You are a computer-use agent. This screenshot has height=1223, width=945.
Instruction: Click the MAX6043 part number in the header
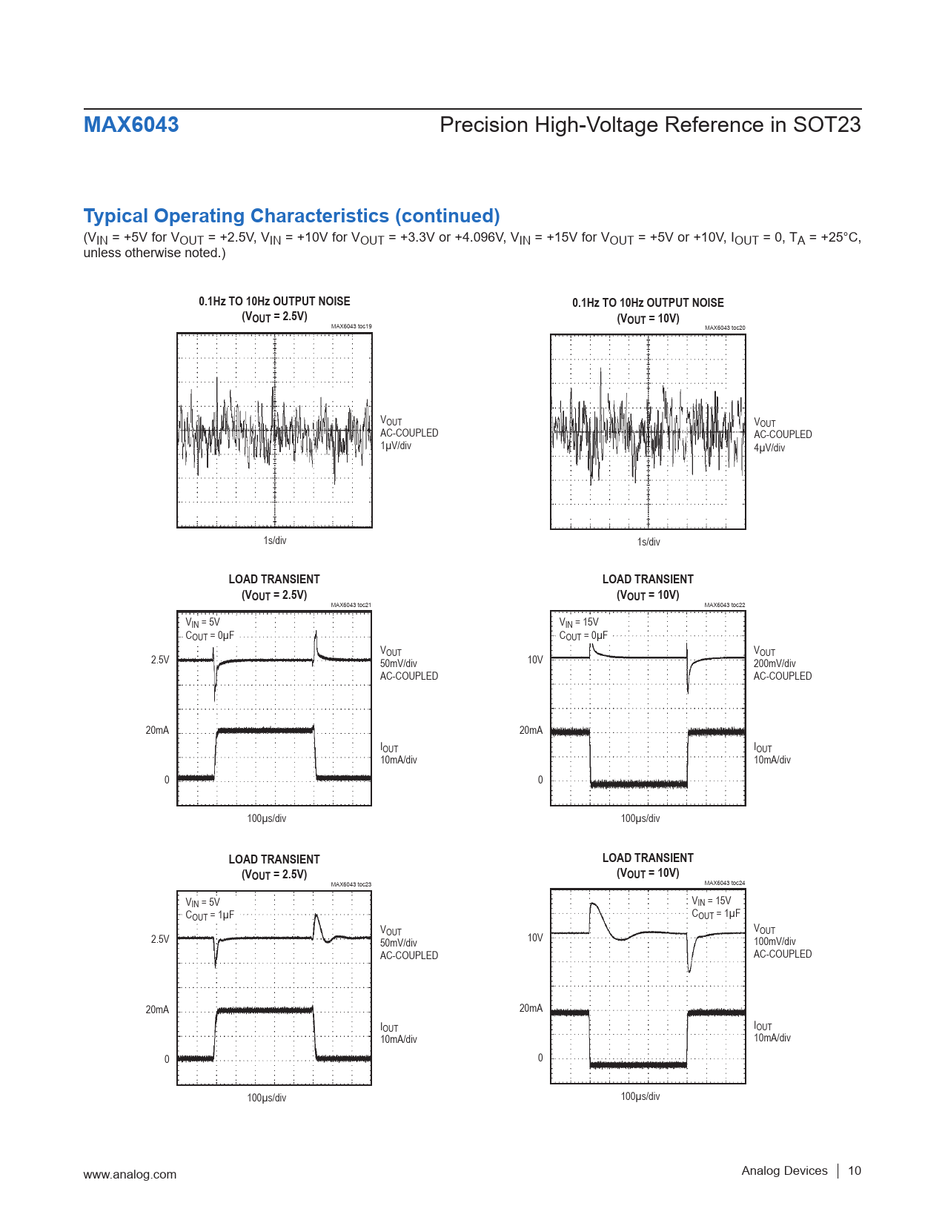pyautogui.click(x=131, y=125)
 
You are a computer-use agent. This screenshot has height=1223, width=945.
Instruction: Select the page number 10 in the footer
pyautogui.click(x=855, y=1170)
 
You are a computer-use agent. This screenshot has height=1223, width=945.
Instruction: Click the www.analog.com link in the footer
pyautogui.click(x=130, y=1174)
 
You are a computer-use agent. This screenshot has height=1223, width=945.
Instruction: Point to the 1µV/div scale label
pyautogui.click(x=396, y=445)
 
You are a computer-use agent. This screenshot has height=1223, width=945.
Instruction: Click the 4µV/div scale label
pyautogui.click(x=769, y=448)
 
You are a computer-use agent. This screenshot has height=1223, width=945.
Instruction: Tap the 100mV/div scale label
pyautogui.click(x=775, y=941)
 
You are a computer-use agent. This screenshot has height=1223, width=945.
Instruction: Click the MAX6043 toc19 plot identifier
pyautogui.click(x=351, y=326)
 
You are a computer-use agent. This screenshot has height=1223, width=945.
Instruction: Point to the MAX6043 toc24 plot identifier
pyautogui.click(x=725, y=883)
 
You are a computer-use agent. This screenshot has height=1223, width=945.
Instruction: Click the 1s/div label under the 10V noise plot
pyautogui.click(x=649, y=542)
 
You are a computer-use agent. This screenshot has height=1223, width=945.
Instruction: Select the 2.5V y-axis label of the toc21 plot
pyautogui.click(x=160, y=660)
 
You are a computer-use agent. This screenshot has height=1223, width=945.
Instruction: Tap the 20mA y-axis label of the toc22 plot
pyautogui.click(x=531, y=730)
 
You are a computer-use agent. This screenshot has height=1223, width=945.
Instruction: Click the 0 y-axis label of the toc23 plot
pyautogui.click(x=167, y=1059)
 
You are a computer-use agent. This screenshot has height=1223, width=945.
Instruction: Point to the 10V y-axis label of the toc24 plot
pyautogui.click(x=535, y=938)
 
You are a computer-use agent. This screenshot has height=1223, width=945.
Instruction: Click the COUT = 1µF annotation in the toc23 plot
pyautogui.click(x=210, y=915)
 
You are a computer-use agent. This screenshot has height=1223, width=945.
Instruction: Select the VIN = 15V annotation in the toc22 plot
pyautogui.click(x=579, y=623)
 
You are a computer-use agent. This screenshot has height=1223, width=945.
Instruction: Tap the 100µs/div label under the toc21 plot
pyautogui.click(x=267, y=818)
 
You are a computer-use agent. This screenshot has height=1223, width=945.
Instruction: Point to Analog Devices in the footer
pyautogui.click(x=784, y=1170)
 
